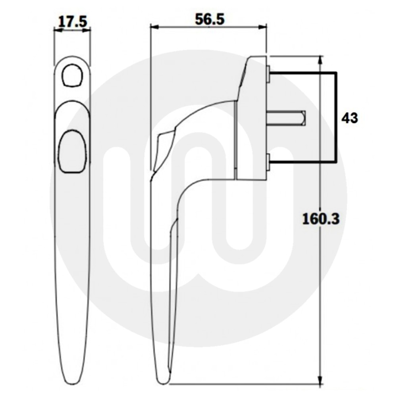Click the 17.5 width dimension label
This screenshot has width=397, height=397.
(x=72, y=22)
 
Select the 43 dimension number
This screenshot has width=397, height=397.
(x=349, y=118)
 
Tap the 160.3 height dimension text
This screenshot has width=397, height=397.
(x=320, y=218)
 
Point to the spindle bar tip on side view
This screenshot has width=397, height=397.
(x=303, y=118)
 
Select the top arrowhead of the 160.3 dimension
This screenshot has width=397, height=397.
(x=320, y=60)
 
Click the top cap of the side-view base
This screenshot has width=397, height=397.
(x=256, y=60)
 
